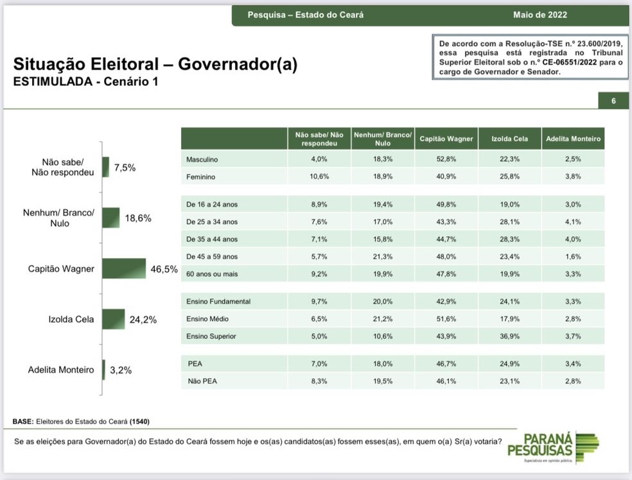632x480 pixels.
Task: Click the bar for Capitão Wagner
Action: (125, 268)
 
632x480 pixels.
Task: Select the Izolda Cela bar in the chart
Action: (113, 319)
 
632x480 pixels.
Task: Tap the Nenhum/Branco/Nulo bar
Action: (111, 218)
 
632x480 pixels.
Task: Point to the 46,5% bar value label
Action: (164, 269)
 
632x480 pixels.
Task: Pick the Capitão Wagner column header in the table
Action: (446, 139)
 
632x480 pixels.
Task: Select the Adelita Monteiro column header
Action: (573, 139)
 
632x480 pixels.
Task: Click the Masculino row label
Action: (203, 159)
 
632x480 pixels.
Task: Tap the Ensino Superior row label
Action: (211, 336)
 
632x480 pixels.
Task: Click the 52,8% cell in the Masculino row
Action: (446, 159)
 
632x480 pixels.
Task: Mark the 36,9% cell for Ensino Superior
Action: (509, 336)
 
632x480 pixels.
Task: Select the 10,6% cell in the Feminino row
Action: (320, 176)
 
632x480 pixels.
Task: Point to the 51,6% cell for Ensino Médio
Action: (446, 319)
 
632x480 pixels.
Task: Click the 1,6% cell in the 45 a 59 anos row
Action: (573, 257)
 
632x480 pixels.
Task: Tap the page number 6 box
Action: (613, 101)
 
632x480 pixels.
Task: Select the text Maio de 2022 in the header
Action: (540, 15)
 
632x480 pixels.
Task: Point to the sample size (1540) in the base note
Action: (141, 422)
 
